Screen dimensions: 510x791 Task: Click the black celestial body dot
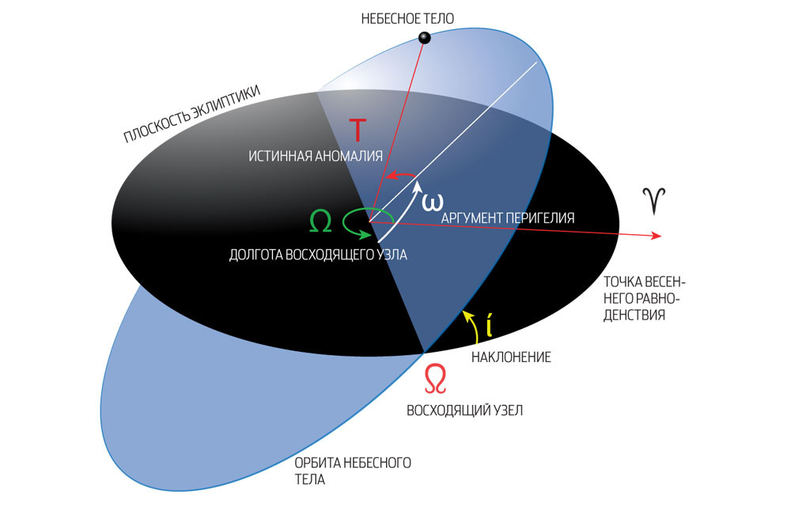point(424,37)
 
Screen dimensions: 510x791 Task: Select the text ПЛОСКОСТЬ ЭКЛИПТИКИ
point(191,115)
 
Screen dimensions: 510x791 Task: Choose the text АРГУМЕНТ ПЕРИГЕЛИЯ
point(508,217)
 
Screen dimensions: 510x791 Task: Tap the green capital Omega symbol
point(320,222)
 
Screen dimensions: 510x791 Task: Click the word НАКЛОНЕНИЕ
point(511,357)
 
